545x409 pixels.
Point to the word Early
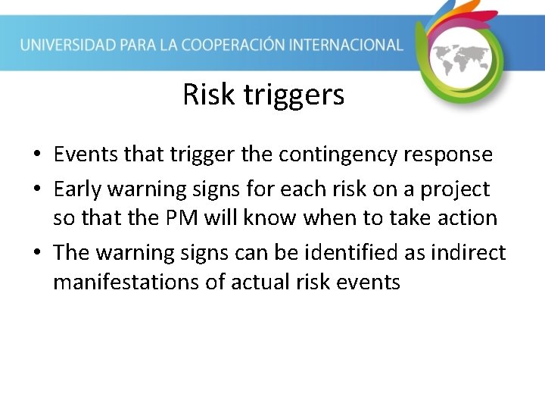[79, 189]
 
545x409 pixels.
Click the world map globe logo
[461, 57]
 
